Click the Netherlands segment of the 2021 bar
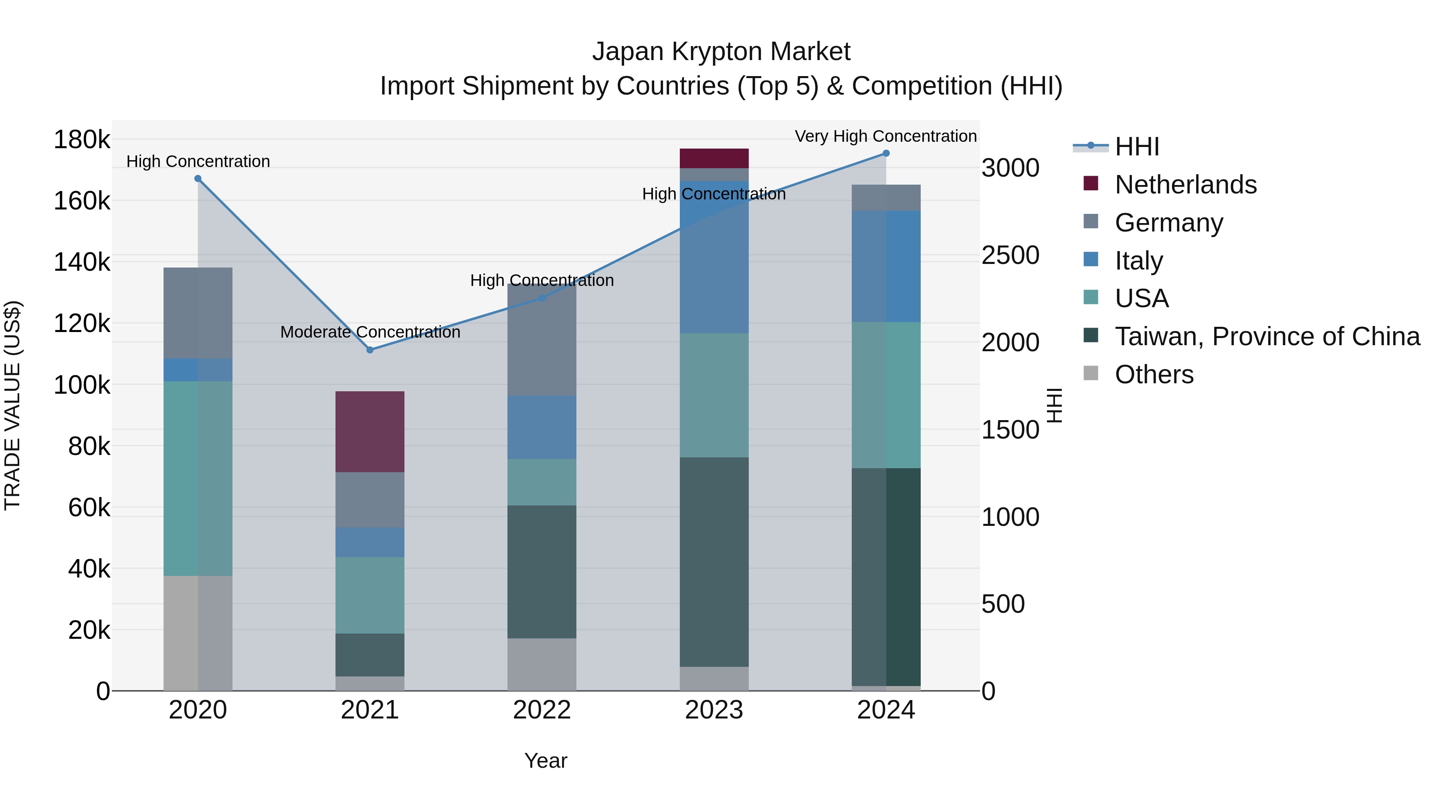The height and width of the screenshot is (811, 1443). point(370,431)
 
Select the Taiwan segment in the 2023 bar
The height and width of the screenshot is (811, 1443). point(714,561)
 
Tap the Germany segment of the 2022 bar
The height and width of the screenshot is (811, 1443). point(542,340)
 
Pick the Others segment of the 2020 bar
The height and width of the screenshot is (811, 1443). point(198,633)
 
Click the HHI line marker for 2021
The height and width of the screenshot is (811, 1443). point(370,350)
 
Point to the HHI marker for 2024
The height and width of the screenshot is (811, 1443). point(886,153)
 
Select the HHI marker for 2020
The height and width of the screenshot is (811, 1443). point(198,179)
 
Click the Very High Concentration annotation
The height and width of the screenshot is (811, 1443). point(885,136)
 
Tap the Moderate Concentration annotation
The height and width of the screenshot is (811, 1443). point(370,332)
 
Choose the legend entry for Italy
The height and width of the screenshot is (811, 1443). point(1139,261)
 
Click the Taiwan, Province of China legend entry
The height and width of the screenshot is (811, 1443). point(1267,336)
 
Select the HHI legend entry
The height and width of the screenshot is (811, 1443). point(1137,147)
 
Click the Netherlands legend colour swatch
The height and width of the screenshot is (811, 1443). point(1091,183)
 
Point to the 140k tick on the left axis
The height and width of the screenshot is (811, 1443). point(82,262)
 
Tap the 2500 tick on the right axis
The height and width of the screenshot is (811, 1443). point(1010,255)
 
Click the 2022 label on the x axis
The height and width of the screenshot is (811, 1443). point(542,710)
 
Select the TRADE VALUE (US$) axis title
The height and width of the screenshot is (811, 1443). point(13,405)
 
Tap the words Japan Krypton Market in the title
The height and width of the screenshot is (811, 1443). point(721,52)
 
